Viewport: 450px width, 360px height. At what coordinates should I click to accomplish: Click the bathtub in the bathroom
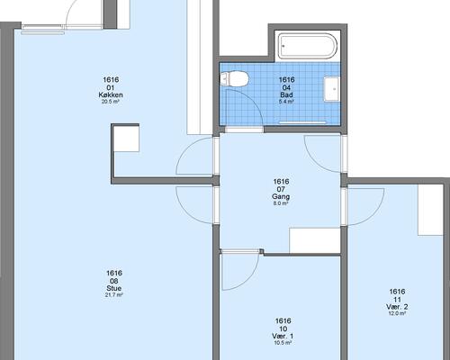pos(307,47)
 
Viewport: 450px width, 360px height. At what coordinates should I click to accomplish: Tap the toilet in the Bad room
pos(234,79)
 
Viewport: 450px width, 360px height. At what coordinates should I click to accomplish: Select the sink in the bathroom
pos(332,89)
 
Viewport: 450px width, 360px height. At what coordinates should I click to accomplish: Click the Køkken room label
pos(111,95)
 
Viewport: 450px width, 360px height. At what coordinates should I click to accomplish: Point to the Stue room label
pos(114,288)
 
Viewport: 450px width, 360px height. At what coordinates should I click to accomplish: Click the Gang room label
pos(281,197)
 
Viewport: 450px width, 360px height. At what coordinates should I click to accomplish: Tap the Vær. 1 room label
pos(283,337)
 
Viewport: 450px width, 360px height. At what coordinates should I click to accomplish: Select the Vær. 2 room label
pos(397,307)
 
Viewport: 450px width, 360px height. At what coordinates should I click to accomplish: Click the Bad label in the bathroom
pos(286,94)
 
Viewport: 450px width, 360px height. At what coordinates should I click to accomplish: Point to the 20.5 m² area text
pos(111,102)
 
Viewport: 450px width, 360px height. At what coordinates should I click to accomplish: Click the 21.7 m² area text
pos(114,295)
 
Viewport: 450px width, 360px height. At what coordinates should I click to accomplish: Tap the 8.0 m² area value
pos(281,203)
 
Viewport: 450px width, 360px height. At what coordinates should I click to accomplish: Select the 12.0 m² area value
pos(397,313)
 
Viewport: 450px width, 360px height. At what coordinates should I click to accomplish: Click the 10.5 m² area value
pos(283,343)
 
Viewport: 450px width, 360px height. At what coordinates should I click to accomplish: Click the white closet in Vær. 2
pos(431,210)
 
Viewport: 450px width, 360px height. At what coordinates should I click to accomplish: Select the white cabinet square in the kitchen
pos(127,139)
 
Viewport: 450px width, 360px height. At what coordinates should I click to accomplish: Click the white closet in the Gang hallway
pos(315,240)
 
